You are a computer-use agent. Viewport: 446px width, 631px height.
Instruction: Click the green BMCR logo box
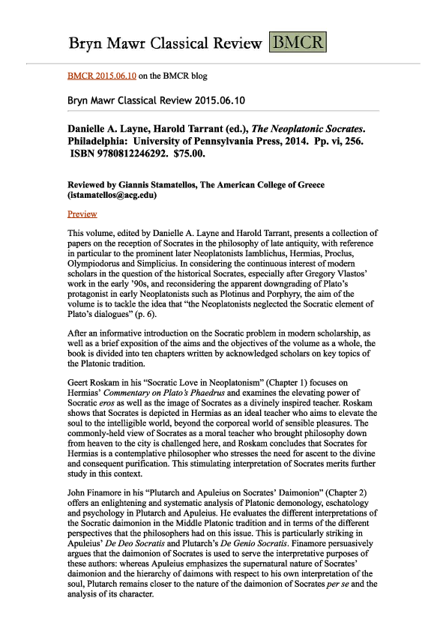click(x=298, y=42)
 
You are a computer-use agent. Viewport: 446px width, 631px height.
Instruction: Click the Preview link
click(x=82, y=214)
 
